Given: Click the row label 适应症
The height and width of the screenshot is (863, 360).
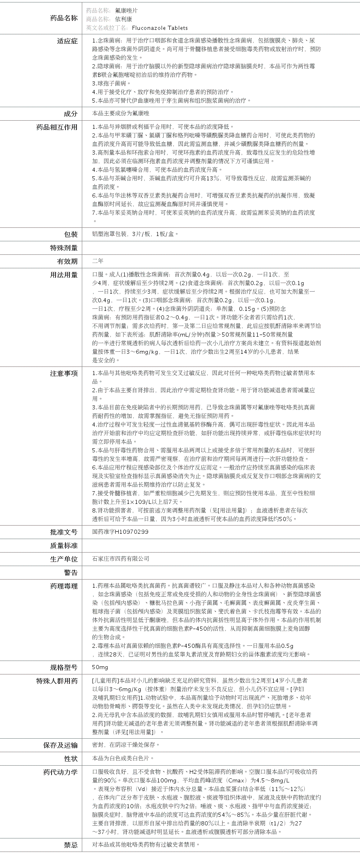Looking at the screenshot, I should point(67,41).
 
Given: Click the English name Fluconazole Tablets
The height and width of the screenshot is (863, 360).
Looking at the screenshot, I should point(160,28).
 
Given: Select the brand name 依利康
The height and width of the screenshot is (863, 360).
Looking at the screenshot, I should point(123,19).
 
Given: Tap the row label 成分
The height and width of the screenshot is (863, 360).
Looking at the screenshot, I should point(70,114).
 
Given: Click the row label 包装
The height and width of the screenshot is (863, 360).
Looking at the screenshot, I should point(70,234).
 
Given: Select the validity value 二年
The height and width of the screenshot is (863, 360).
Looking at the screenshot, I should point(98,261).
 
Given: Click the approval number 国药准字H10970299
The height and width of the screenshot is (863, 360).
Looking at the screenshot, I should point(120,532).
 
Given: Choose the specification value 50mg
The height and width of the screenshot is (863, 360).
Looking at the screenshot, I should point(100,667).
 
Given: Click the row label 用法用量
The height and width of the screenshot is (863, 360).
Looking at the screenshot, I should point(63,275).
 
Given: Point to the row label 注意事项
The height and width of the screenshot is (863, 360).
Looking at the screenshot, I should point(63,373).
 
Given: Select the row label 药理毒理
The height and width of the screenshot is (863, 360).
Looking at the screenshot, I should point(63,587).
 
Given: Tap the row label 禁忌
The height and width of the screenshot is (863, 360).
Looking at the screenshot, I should point(70,845).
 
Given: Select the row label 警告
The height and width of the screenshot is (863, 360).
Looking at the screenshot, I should point(70,573).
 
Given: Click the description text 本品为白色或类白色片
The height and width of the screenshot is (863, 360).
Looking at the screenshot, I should point(123,758).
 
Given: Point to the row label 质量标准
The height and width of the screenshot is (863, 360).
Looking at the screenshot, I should point(63,546).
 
